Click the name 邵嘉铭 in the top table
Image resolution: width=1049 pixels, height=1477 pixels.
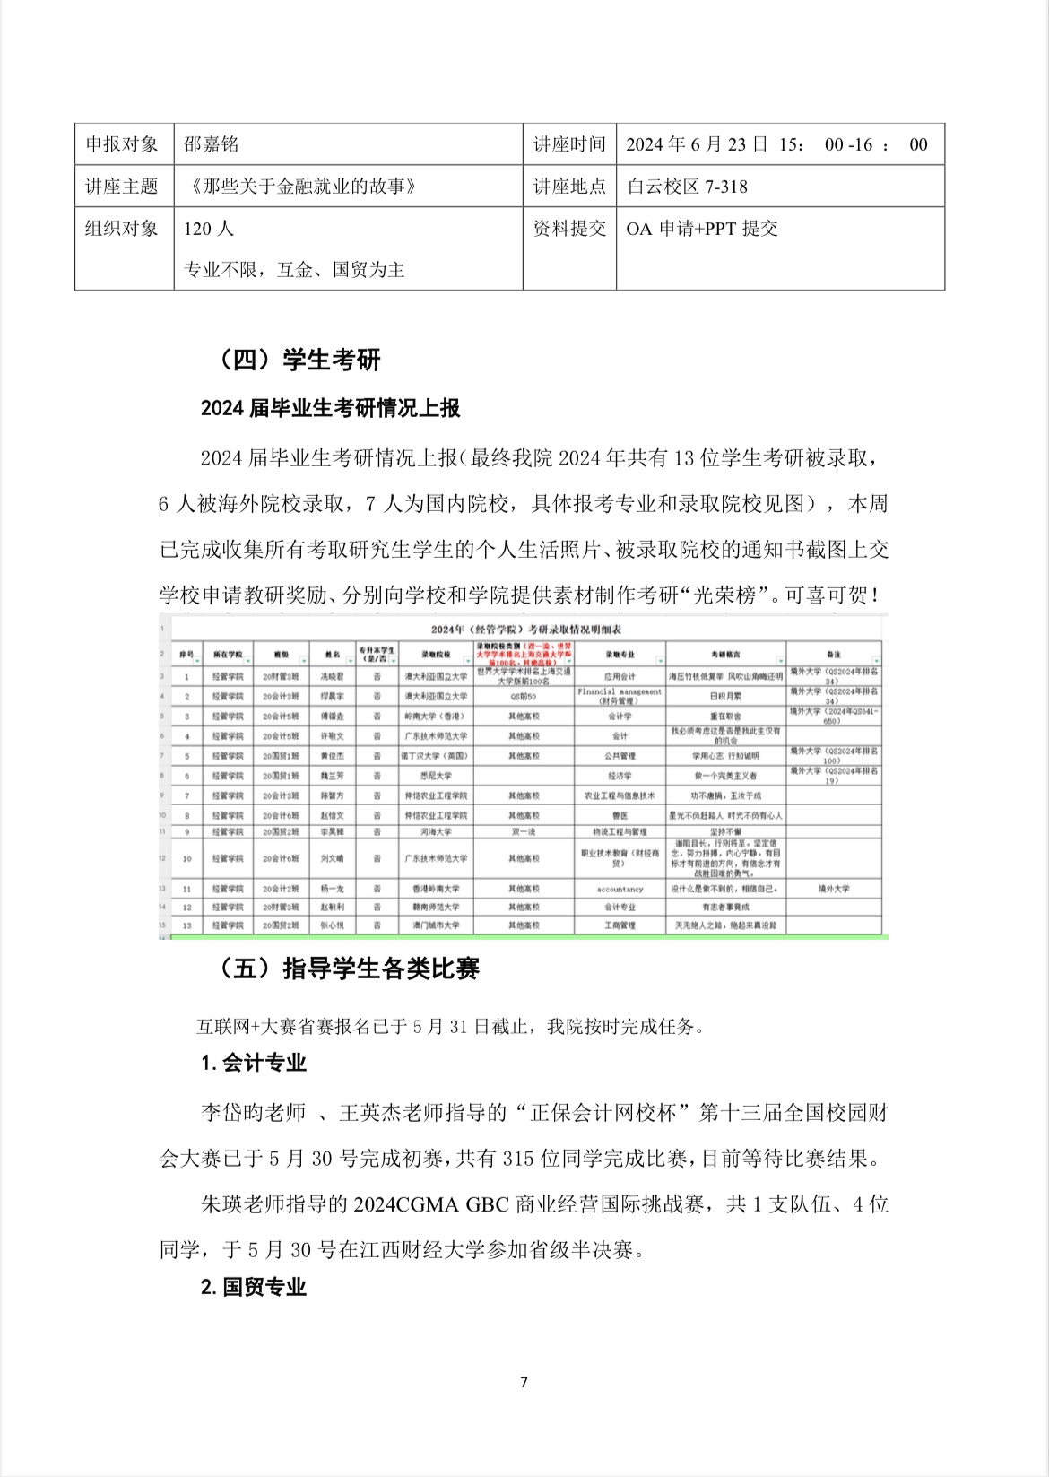coord(212,144)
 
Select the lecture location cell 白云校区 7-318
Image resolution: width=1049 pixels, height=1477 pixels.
coord(687,187)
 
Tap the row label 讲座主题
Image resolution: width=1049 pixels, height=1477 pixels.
coord(122,187)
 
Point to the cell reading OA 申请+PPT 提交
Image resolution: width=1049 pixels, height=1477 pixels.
coord(701,229)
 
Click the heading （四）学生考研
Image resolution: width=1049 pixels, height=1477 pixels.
coord(300,360)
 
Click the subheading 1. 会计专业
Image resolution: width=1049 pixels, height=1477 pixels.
coord(254,1064)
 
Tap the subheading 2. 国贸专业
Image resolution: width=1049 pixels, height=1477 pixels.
coord(254,1287)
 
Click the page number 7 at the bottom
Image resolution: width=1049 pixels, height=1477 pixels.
coord(524,1382)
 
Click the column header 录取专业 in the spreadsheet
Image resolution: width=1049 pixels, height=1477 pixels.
coord(620,655)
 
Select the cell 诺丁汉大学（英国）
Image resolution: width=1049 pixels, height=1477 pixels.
coord(436,756)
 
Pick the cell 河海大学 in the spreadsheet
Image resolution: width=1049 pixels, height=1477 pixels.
coord(436,832)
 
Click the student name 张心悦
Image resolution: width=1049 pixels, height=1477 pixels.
coord(333,925)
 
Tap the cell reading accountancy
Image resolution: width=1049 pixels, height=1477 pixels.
coord(620,889)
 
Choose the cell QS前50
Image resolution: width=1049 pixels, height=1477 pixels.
coord(524,696)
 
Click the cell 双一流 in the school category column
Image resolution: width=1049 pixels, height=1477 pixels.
coord(524,832)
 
